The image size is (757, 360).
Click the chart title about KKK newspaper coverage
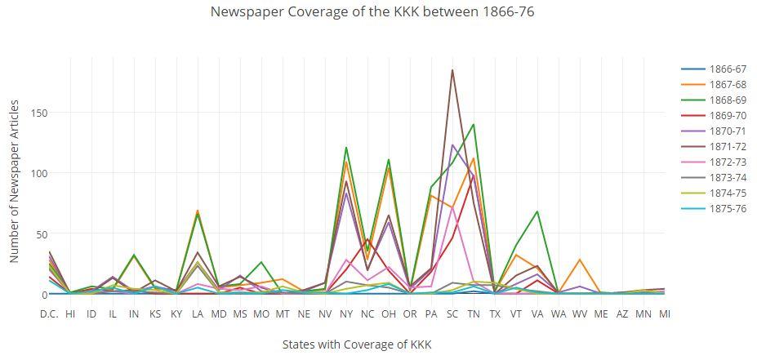click(x=372, y=11)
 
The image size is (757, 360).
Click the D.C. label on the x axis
click(x=49, y=313)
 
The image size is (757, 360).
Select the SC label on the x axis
click(x=452, y=313)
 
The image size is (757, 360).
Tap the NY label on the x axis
click(x=346, y=313)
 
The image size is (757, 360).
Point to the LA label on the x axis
click(x=198, y=313)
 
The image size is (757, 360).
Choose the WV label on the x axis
click(x=580, y=313)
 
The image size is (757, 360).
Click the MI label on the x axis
click(x=665, y=313)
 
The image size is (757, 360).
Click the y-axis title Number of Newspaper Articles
click(x=15, y=181)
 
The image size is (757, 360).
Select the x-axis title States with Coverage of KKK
click(x=356, y=344)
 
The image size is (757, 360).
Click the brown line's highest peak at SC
click(x=452, y=70)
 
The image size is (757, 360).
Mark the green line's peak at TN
click(x=474, y=125)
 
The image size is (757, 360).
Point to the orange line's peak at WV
click(x=580, y=260)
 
